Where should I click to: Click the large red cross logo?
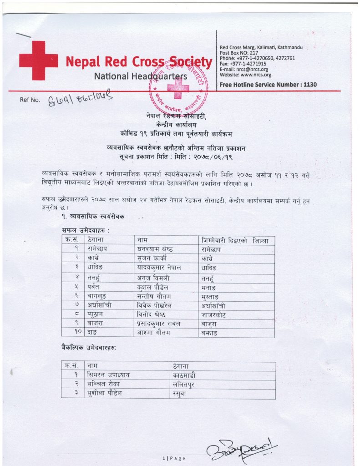click(38, 61)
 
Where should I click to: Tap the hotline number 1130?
click(309, 85)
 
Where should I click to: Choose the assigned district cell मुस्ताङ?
click(213, 296)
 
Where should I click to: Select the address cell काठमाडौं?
click(187, 375)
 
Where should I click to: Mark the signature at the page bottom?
click(241, 449)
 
